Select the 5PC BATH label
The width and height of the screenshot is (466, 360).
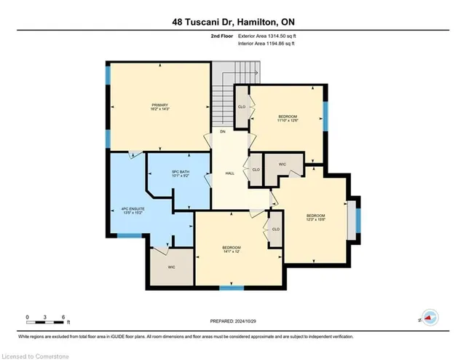pos(170,175)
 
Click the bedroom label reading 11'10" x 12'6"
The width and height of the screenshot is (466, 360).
pos(288,120)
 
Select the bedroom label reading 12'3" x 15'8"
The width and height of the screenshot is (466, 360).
pos(315,218)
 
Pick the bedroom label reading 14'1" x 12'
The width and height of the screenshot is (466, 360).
pos(232,250)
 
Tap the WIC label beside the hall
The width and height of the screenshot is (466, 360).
pos(282,165)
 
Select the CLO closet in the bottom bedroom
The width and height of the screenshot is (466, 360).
pos(276,229)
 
